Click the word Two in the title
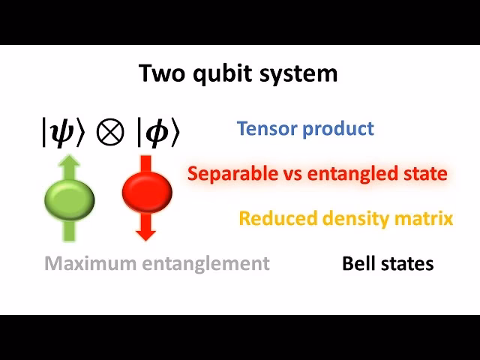coord(159,73)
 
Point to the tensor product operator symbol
coord(112,133)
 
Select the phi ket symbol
coord(158,133)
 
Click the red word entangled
coord(355,174)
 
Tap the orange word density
coord(346,218)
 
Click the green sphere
coord(69,196)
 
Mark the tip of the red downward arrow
coord(147,239)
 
